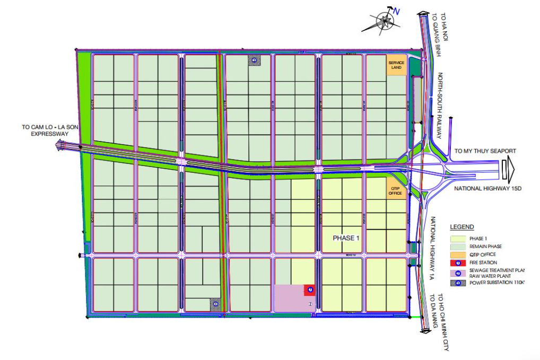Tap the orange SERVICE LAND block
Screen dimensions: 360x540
click(396, 65)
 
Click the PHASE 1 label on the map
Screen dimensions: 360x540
click(346, 238)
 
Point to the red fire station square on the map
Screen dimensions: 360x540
click(309, 289)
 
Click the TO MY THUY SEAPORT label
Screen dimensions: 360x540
click(485, 151)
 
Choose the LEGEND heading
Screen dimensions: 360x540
click(462, 227)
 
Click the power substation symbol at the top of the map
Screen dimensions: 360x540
click(255, 61)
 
